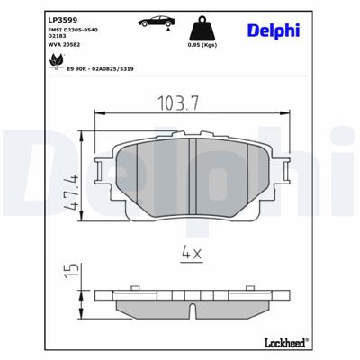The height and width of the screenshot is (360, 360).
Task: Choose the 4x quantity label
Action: [188, 254]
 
